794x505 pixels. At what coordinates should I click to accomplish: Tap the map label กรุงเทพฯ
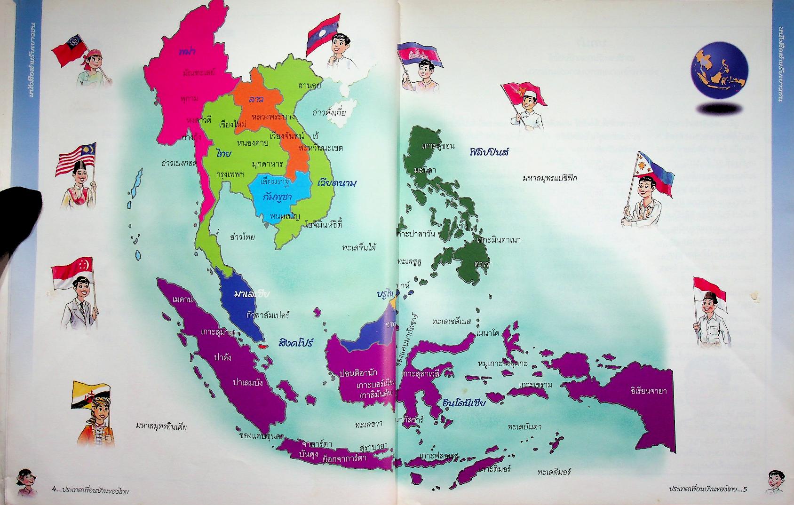point(230,174)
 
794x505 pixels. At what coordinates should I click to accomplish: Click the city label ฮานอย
point(310,86)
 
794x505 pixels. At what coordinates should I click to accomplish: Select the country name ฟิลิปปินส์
point(490,152)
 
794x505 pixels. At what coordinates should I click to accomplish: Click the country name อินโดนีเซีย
point(464,403)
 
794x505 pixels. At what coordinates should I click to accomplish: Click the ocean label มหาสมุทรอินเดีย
point(161,427)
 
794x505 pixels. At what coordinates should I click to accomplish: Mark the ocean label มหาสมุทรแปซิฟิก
point(549,178)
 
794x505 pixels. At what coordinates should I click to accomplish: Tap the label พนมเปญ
point(282,216)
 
